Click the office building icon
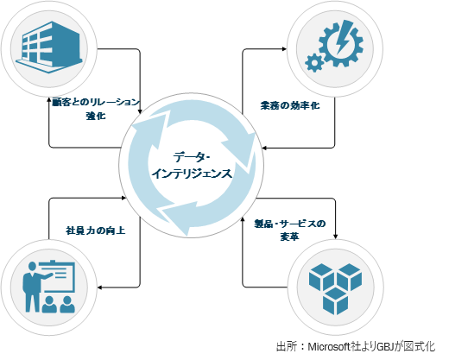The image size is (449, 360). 49,47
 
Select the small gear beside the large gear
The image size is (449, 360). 314,63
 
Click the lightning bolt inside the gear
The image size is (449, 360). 343,40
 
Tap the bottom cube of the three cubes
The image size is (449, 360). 335,301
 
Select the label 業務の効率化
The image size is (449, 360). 290,105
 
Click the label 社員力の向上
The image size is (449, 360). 96,231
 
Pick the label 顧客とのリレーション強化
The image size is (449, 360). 96,109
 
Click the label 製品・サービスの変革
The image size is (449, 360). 290,230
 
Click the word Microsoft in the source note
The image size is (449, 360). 329,346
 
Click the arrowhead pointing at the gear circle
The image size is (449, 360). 284,49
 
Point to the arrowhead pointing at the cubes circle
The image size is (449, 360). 335,237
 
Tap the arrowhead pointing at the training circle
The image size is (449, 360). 100,287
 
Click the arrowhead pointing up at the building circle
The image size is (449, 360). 49,99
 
